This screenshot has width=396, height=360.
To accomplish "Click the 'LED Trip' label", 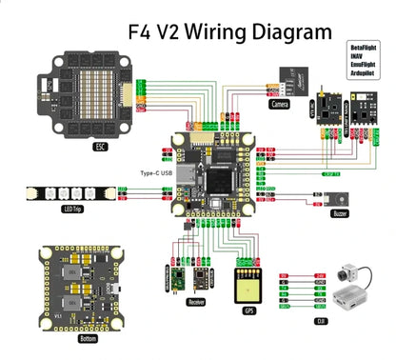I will (x=70, y=209).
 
